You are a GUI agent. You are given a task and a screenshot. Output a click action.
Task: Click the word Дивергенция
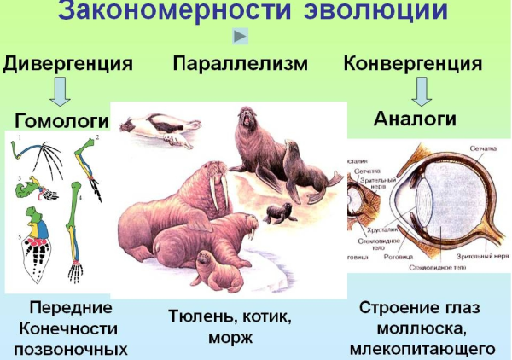coord(68,63)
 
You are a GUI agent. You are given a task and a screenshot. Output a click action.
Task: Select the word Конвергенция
coord(412,63)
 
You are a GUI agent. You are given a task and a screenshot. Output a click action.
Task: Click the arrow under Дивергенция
coord(59,90)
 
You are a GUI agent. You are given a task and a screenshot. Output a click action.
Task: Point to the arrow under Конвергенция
coord(423,90)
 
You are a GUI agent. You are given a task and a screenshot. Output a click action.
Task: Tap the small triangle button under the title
coord(241,36)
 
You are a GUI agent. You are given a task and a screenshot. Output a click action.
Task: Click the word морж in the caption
coord(230,338)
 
